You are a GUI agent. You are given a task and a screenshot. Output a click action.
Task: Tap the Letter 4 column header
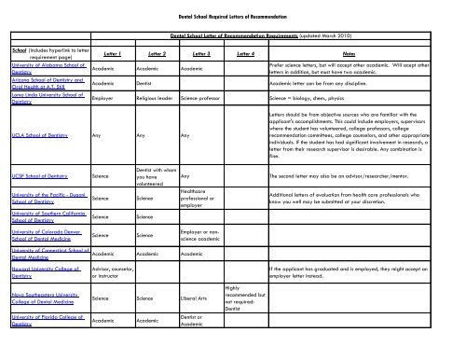coord(246,55)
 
